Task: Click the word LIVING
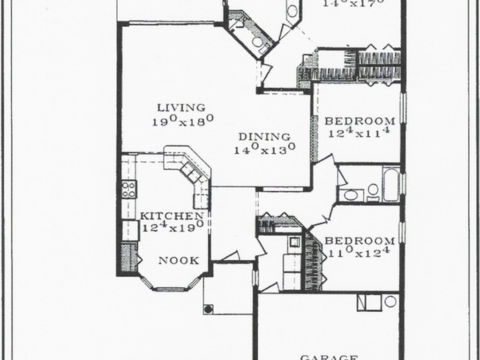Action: point(181,108)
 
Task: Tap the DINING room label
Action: point(264,137)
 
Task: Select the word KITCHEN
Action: point(172,216)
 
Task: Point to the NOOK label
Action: point(179,261)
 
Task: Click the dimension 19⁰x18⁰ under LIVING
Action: point(183,120)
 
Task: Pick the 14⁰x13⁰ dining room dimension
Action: point(264,150)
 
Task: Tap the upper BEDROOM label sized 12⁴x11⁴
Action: point(360,121)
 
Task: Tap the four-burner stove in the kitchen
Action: point(128,189)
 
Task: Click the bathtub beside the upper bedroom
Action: point(391,184)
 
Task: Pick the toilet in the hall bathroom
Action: point(373,190)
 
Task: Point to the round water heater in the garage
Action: point(390,301)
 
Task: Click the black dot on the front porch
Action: point(208,308)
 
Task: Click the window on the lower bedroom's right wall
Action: point(401,232)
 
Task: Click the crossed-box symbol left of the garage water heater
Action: point(369,302)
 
